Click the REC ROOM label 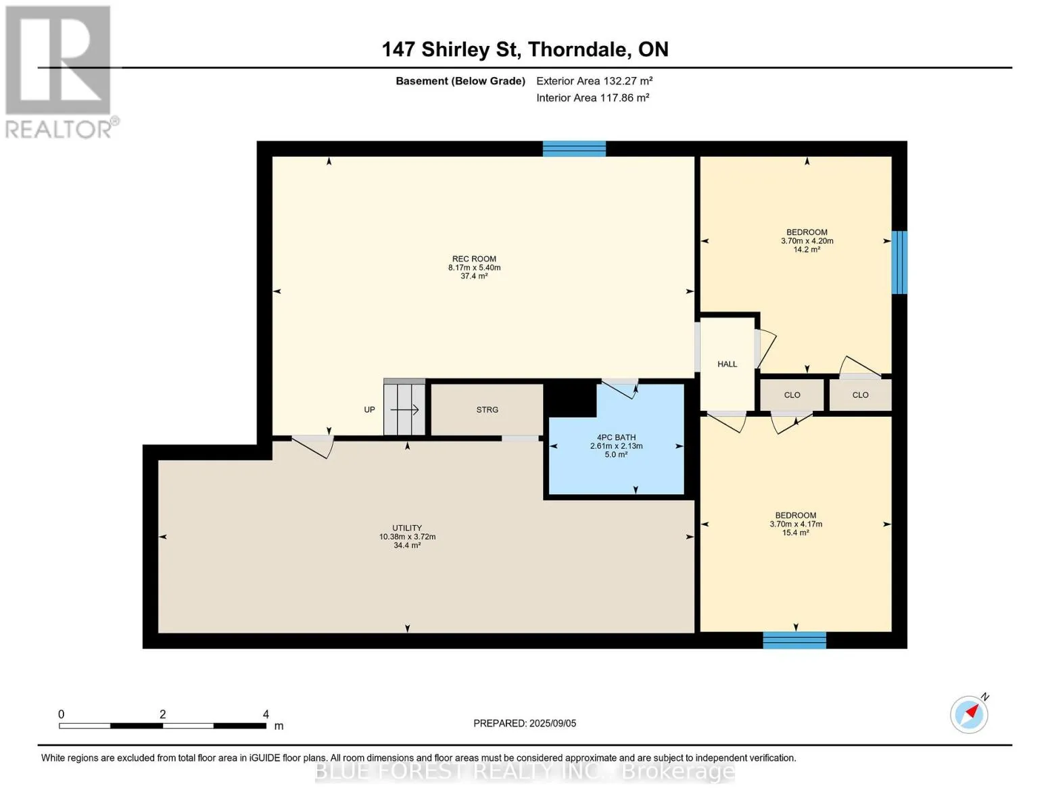click(473, 259)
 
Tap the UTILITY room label click(407, 528)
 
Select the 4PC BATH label click(616, 437)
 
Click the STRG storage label click(487, 410)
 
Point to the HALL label click(727, 364)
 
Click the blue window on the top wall click(574, 149)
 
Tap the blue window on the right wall click(899, 262)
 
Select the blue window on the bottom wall click(794, 640)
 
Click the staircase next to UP click(404, 408)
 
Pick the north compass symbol click(970, 714)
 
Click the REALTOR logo click(60, 72)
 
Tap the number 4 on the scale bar click(266, 714)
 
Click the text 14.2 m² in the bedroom click(807, 249)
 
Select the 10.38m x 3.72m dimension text click(407, 537)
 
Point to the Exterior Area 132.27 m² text click(594, 80)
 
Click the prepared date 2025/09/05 click(553, 723)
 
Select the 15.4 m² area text click(796, 533)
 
